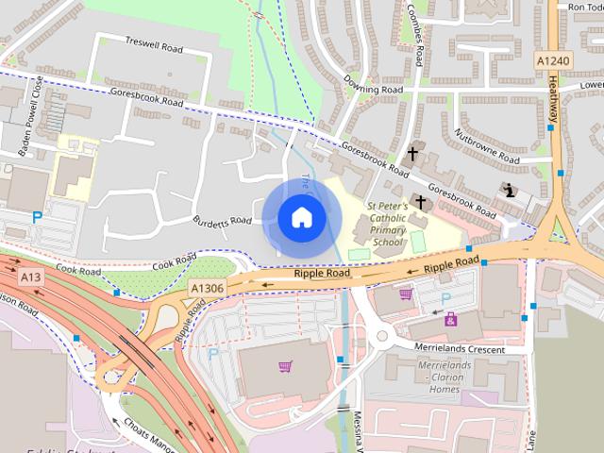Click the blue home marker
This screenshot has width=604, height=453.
[301, 217]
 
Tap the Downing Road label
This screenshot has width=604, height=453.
[374, 90]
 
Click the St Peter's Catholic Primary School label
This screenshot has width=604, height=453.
[387, 223]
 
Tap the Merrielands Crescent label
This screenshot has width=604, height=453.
[461, 348]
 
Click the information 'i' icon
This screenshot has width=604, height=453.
[511, 189]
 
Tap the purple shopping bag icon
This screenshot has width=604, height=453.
[452, 320]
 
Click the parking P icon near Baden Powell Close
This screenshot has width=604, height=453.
[38, 217]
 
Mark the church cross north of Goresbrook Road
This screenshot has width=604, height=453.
[412, 153]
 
